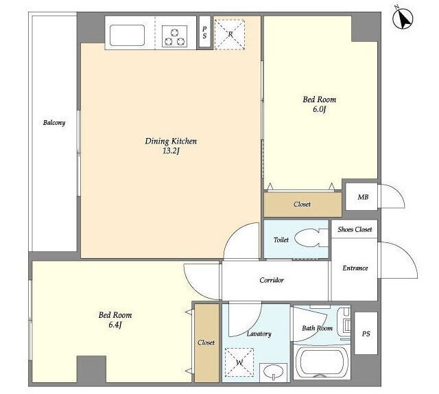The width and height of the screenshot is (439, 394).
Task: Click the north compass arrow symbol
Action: pos(403,19)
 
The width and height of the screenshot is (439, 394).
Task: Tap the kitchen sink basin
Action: pos(127,35)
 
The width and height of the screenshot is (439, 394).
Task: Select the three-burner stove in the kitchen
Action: pos(175,36)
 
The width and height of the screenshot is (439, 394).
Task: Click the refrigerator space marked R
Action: pos(230,35)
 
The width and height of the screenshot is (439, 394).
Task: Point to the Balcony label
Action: pos(54,123)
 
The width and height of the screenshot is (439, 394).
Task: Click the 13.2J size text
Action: pos(171,151)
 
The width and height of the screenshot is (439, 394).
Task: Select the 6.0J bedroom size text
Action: pos(319,109)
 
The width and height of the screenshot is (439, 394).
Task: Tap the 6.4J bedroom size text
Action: pos(115,325)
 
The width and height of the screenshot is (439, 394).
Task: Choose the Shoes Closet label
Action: pos(355,229)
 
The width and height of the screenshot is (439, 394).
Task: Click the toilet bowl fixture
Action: pos(311,238)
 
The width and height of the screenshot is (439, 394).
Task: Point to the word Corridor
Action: pos(272,280)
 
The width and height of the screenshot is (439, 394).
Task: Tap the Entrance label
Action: pos(355,268)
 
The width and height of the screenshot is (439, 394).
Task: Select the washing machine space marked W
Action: pos(239,362)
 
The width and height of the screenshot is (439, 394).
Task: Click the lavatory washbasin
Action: pos(273,373)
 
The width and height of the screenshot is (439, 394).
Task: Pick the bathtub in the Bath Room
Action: pos(322,363)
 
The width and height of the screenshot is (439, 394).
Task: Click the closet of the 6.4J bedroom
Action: pos(206,343)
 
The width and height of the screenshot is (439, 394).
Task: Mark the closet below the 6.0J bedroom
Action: pos(302,205)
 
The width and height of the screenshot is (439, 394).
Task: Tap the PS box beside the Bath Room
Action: pos(366,333)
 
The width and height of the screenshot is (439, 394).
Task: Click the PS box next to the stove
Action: pos(204,32)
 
